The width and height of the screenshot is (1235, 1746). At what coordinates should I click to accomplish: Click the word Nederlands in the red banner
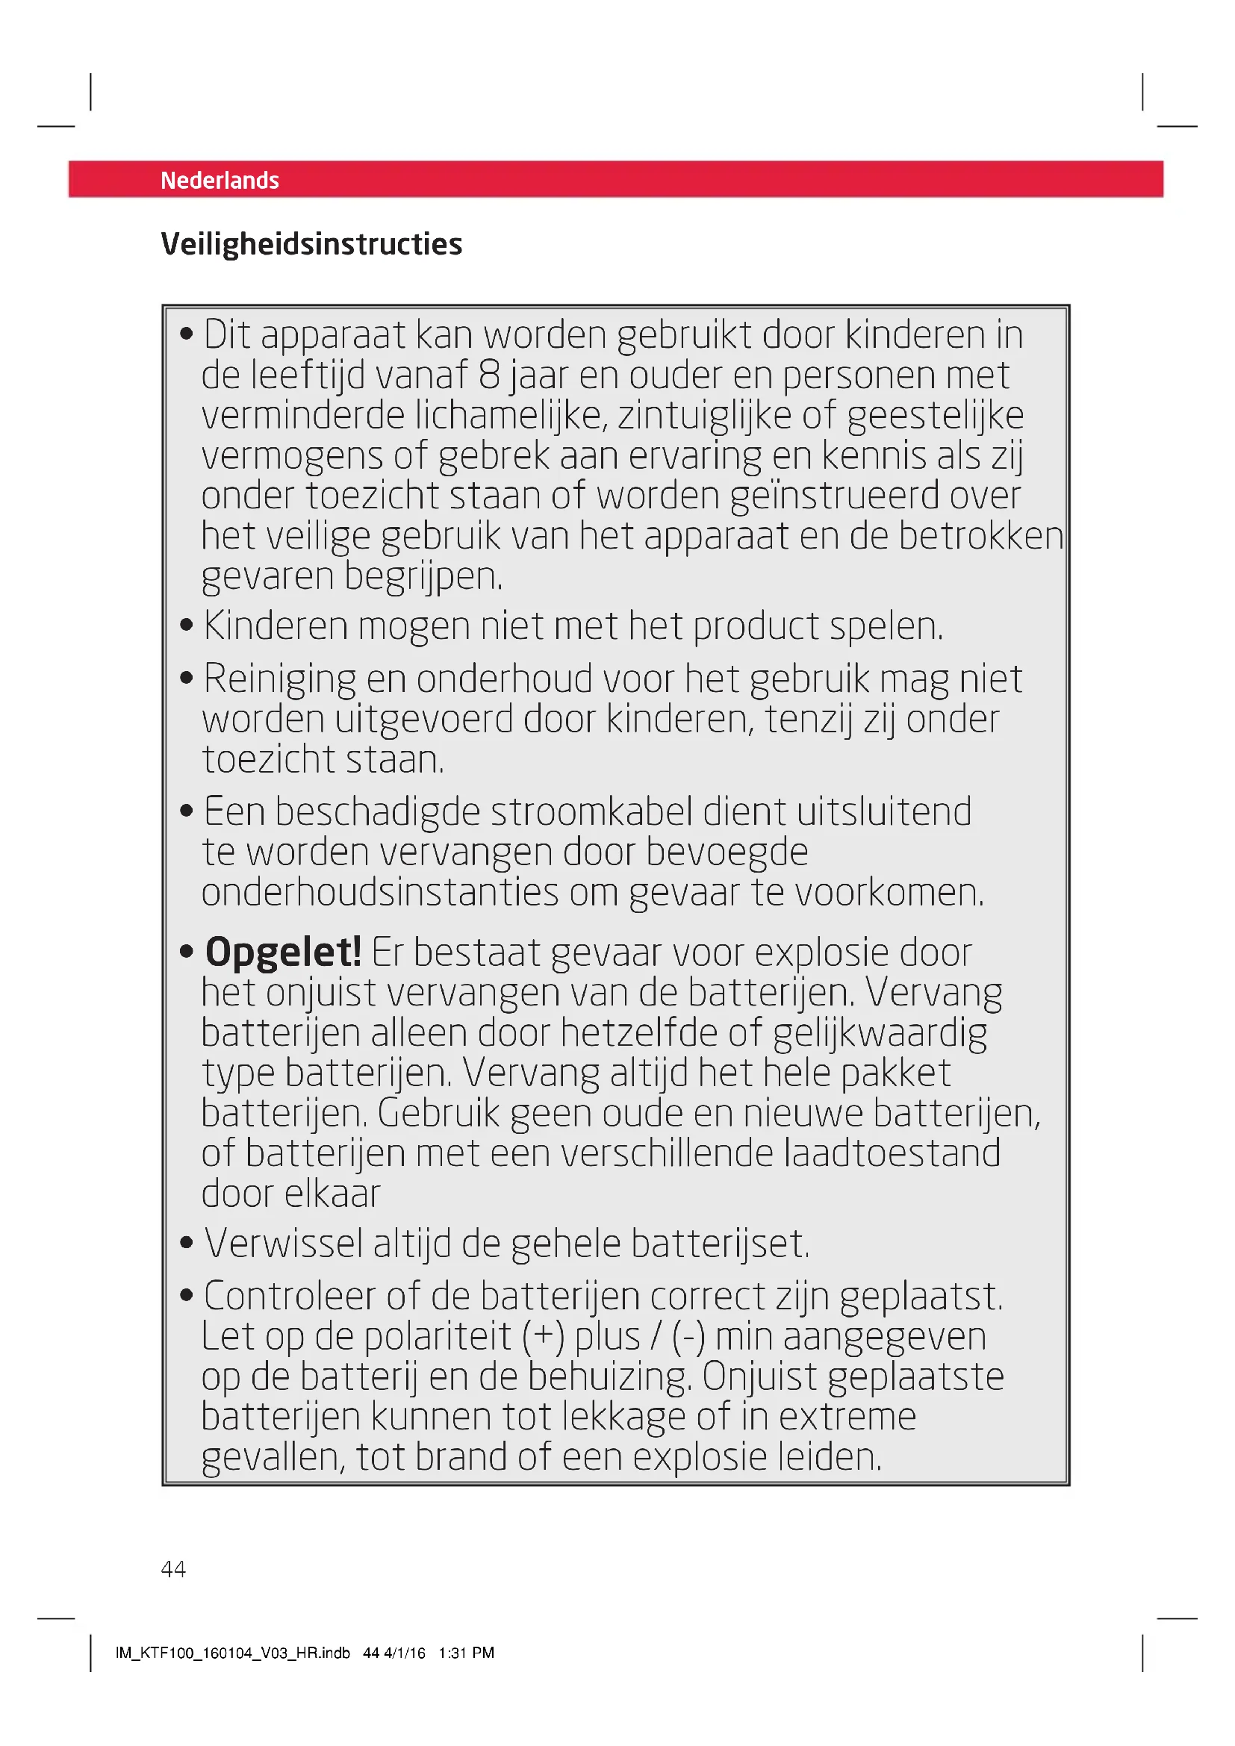click(220, 180)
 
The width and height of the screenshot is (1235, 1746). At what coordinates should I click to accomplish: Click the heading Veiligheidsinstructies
click(311, 244)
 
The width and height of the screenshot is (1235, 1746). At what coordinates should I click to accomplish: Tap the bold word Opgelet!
click(283, 952)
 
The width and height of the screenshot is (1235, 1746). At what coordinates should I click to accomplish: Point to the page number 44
click(173, 1569)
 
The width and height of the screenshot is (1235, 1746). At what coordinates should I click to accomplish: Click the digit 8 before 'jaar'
click(489, 375)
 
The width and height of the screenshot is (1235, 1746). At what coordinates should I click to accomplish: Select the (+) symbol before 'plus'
click(543, 1337)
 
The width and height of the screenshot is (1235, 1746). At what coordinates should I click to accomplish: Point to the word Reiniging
click(279, 679)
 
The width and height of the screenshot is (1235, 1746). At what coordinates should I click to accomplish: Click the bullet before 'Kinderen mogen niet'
click(187, 626)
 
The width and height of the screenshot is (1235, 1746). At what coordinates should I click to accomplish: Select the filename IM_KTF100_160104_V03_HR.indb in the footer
click(233, 1653)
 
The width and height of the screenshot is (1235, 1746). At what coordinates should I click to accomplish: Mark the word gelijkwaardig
click(880, 1033)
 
